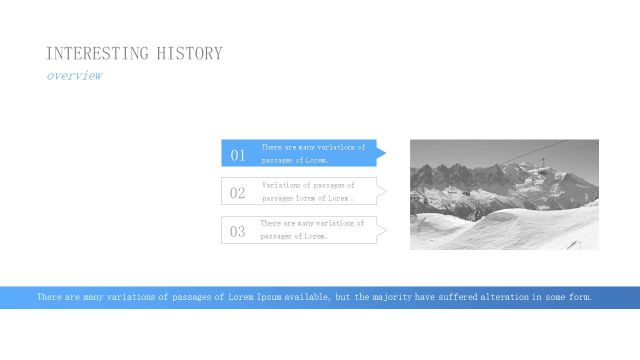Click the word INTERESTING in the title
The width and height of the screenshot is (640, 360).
[x=97, y=53]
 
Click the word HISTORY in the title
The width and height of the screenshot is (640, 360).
[x=189, y=53]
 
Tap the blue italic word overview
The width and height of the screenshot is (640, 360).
[x=74, y=75]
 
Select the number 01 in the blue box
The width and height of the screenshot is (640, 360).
[x=237, y=155]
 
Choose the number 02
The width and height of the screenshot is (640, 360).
[x=237, y=193]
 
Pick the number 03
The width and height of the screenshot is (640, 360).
[x=237, y=231]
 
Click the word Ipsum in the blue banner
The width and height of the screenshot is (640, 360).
[x=269, y=297]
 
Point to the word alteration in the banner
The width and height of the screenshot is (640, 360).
[x=504, y=297]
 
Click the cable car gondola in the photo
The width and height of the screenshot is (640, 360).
[x=542, y=170]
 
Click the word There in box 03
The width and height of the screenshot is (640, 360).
[x=271, y=223]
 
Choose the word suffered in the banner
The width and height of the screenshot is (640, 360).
[x=457, y=297]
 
